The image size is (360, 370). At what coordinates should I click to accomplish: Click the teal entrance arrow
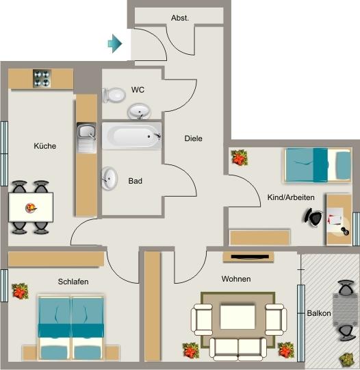click(115, 45)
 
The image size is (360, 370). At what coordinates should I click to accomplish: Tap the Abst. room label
click(180, 18)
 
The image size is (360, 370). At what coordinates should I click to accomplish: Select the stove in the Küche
click(40, 79)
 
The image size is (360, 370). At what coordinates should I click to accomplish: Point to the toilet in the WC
click(112, 95)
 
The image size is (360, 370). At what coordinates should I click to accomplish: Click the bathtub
click(131, 136)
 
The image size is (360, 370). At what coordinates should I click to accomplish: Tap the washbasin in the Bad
click(110, 179)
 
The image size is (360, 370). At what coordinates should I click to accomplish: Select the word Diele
click(194, 138)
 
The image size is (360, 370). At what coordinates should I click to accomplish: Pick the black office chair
click(313, 217)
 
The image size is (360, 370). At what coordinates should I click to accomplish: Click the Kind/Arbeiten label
click(290, 197)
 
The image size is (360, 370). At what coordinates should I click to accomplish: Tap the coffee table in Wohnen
click(237, 318)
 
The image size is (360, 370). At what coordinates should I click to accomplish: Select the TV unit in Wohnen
click(248, 257)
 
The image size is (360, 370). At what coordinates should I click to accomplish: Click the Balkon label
click(319, 313)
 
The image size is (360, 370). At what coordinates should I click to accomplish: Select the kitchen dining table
click(31, 206)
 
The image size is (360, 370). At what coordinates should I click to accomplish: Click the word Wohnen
click(235, 279)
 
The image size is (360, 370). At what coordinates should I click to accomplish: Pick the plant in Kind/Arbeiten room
click(239, 158)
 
